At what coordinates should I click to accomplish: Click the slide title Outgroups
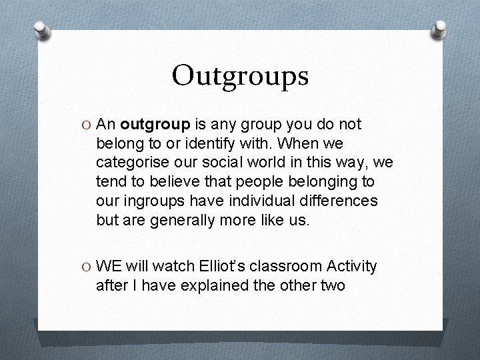point(240,75)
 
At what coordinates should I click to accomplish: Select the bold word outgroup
point(155,124)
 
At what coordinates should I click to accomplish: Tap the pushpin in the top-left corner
point(42,30)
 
